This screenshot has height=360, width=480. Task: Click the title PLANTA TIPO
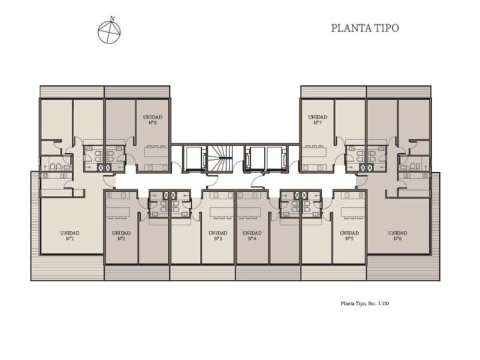pyautogui.click(x=365, y=28)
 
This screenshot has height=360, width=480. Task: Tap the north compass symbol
pyautogui.click(x=109, y=33)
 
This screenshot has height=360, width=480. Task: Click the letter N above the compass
pyautogui.click(x=112, y=19)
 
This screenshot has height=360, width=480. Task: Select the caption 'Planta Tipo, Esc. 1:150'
pyautogui.click(x=364, y=303)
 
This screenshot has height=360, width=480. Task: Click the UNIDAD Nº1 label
pyautogui.click(x=69, y=235)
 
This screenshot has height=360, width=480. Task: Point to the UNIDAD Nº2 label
pyautogui.click(x=121, y=235)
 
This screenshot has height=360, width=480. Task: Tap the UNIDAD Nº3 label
pyautogui.click(x=218, y=235)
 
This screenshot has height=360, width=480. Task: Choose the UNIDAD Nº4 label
pyautogui.click(x=252, y=235)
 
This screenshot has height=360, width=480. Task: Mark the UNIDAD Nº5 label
pyautogui.click(x=349, y=235)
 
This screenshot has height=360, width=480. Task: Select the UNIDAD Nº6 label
pyautogui.click(x=397, y=235)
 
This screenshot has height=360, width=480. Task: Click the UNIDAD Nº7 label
pyautogui.click(x=317, y=119)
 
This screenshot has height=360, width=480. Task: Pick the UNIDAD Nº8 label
pyautogui.click(x=153, y=119)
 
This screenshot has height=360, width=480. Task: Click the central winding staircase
pyautogui.click(x=219, y=159)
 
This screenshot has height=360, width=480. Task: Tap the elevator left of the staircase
pyautogui.click(x=195, y=159)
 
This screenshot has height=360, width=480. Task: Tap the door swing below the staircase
pyautogui.click(x=212, y=179)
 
